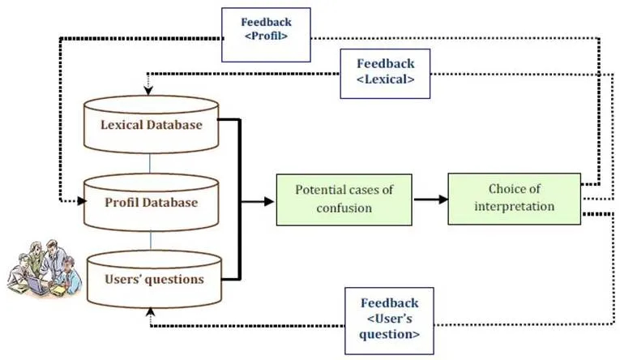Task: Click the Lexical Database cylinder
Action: [151, 124]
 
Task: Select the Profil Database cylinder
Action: [151, 202]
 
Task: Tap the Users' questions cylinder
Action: [154, 279]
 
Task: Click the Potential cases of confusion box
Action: [344, 199]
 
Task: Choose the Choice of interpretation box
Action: [514, 199]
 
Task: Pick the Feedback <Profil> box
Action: [266, 35]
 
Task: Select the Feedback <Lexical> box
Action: [385, 74]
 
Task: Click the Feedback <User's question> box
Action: [390, 321]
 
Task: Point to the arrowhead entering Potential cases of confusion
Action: [269, 202]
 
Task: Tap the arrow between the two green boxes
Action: [430, 199]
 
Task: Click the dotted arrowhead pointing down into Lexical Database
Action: [148, 91]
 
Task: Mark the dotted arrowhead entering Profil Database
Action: [82, 201]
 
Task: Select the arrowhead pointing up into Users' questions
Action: [150, 311]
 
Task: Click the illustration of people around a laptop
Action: [45, 268]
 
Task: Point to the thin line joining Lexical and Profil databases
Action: [150, 164]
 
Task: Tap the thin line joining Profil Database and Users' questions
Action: [151, 241]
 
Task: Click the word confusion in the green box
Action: [344, 208]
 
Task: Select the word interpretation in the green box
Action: [514, 207]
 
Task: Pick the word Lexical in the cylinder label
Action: [122, 125]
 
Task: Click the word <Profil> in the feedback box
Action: [266, 36]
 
